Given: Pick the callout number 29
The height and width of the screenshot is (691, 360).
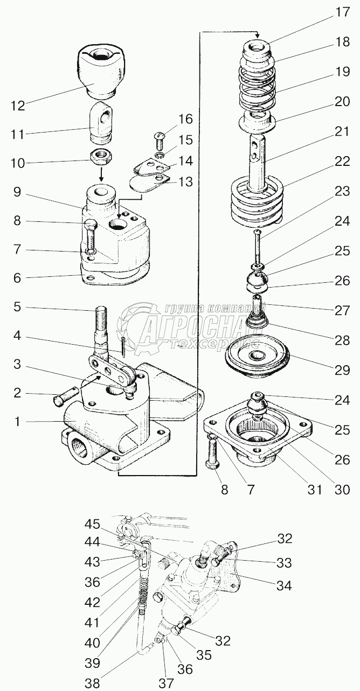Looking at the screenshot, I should click(342, 370).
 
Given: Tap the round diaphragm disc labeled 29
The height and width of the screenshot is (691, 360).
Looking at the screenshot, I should click(255, 357).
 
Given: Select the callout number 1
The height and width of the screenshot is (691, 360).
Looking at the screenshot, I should click(18, 422).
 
